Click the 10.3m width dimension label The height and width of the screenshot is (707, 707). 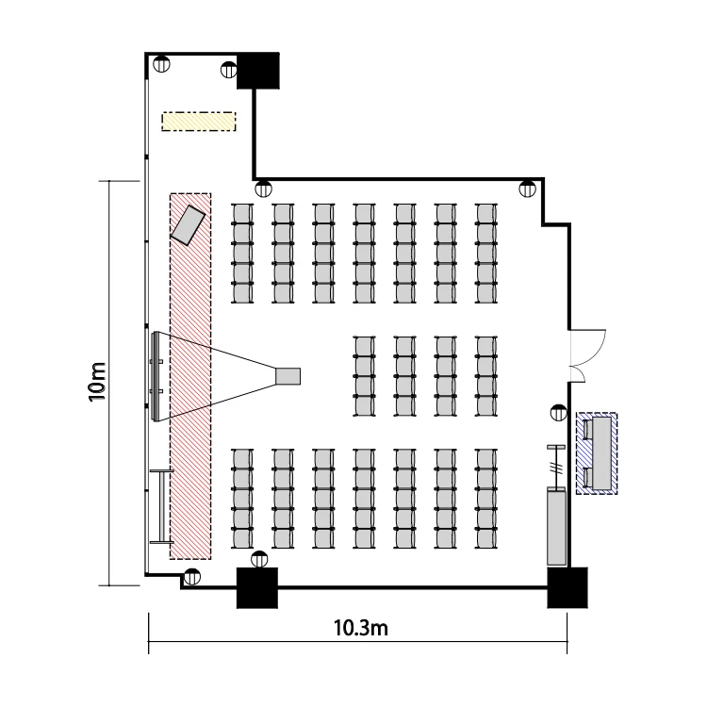click(x=361, y=628)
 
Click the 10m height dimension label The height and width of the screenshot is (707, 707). click(x=97, y=382)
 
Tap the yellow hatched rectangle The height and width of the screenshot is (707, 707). click(x=198, y=122)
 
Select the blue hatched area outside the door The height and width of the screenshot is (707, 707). click(x=597, y=453)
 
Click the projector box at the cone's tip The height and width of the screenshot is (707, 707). click(x=288, y=376)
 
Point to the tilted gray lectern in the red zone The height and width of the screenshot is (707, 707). click(x=188, y=225)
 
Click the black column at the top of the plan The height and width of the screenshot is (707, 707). click(x=258, y=71)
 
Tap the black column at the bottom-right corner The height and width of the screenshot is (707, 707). click(x=567, y=587)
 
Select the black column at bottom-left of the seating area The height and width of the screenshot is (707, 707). click(x=257, y=587)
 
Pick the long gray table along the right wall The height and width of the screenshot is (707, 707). click(x=556, y=528)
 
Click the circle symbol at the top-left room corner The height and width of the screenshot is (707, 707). click(x=161, y=63)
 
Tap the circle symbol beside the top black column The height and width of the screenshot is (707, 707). click(x=229, y=70)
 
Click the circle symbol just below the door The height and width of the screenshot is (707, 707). click(x=559, y=412)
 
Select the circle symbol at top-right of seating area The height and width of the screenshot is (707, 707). click(x=527, y=189)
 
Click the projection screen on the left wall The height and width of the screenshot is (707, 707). click(x=156, y=376)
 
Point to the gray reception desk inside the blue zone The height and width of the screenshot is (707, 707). click(x=602, y=452)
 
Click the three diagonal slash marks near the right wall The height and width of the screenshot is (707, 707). click(x=556, y=468)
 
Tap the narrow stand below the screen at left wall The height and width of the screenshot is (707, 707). click(x=161, y=506)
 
